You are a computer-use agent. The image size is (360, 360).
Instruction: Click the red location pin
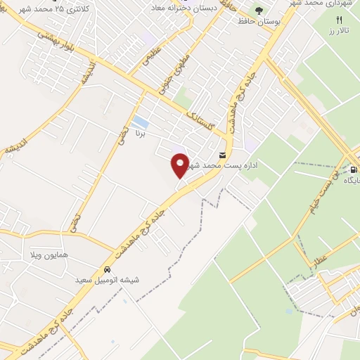pos(181,165)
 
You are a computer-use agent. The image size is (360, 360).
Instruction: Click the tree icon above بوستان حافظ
pos(259,11)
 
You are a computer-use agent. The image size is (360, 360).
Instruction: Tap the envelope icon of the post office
pos(222,155)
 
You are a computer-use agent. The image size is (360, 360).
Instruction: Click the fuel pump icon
pos(353,169)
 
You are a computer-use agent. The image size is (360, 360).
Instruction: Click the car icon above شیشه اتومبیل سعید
pos(106,269)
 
